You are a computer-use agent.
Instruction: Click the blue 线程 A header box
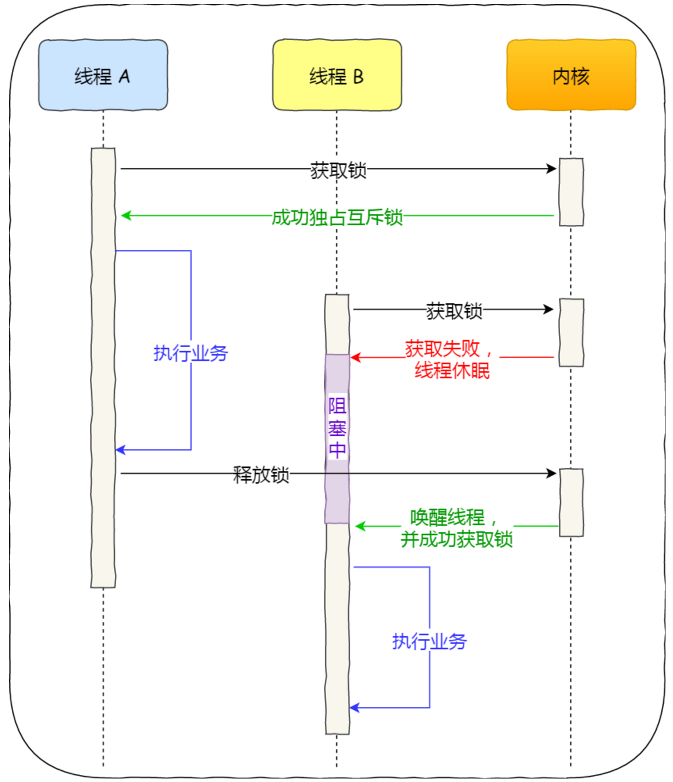point(103,75)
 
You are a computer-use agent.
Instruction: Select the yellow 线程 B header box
point(336,75)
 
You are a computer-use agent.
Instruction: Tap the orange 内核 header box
point(571,75)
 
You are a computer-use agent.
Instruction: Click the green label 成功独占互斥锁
point(337,217)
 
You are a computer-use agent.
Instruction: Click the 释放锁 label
point(261,474)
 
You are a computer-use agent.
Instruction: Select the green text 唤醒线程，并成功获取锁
point(456,528)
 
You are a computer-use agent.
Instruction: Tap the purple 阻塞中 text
point(337,428)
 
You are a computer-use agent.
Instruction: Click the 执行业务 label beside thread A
point(190,353)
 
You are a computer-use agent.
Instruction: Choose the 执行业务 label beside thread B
point(429,641)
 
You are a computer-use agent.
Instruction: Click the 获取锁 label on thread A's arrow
point(338,170)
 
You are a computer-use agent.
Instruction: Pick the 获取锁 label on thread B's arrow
point(453,310)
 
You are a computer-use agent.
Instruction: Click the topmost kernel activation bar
point(571,192)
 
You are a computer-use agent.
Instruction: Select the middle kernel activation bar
point(571,332)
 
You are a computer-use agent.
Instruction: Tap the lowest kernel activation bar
point(571,502)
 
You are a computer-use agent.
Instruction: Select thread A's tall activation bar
point(103,367)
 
